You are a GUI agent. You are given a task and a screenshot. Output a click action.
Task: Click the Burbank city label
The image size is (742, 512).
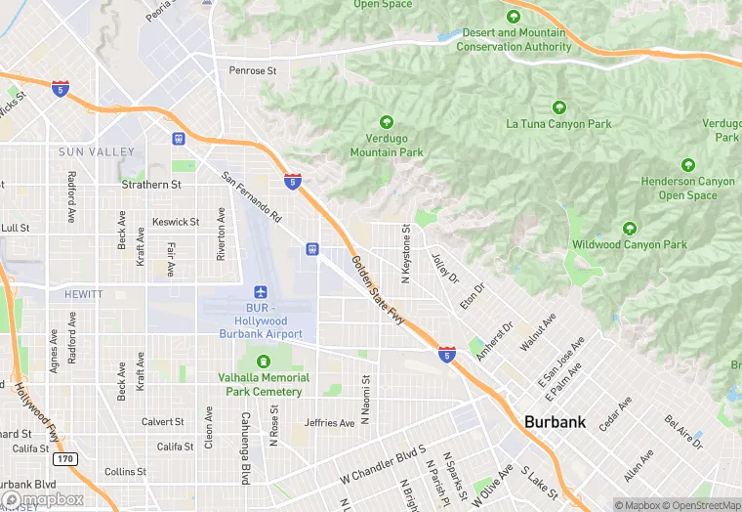point(555,422)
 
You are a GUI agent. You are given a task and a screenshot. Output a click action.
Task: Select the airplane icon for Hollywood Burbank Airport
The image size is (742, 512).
point(261,292)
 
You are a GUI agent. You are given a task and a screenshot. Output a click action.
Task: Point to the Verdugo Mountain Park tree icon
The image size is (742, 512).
point(386,123)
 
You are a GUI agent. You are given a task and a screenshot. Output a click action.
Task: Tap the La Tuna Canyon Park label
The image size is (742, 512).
point(558,124)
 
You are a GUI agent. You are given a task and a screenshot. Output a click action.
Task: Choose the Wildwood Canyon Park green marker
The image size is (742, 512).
point(630,228)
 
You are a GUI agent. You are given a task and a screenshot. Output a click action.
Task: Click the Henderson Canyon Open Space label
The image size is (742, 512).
point(688,189)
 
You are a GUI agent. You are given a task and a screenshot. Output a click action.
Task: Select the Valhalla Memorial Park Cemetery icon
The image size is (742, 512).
point(262,362)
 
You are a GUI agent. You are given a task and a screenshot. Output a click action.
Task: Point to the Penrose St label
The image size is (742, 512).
point(253,70)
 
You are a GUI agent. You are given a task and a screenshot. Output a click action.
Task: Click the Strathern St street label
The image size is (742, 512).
point(151,184)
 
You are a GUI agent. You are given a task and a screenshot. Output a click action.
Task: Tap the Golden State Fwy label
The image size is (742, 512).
point(378,289)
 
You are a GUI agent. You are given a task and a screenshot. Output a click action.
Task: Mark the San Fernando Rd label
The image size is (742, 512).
point(252,195)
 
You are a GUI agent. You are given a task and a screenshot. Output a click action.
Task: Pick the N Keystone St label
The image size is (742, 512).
point(404,248)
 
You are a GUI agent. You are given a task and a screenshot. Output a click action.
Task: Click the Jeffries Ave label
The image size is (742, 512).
point(329,423)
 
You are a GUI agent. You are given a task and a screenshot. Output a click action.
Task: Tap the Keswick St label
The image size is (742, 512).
point(176,222)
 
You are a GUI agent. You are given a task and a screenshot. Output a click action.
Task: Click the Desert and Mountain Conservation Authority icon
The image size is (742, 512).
point(514,17)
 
